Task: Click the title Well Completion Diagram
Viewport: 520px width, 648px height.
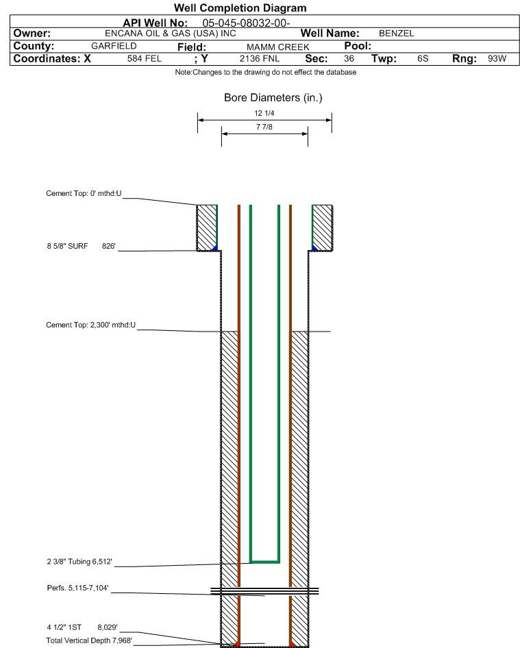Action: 240,8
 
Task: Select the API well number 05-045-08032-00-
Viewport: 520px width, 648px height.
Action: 246,23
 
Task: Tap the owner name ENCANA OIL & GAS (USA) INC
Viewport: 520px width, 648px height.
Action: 171,34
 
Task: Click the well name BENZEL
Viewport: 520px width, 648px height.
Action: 397,34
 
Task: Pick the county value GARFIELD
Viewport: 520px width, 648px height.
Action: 114,46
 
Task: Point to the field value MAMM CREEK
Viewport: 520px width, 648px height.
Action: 277,47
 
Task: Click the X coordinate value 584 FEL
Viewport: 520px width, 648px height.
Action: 145,59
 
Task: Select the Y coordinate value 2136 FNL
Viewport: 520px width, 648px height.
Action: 260,59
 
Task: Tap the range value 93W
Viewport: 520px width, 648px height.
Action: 497,59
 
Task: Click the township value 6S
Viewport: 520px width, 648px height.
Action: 423,59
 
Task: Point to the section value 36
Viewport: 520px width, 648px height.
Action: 349,59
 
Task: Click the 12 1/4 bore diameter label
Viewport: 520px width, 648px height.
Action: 264,113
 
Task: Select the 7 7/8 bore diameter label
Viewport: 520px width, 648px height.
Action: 264,127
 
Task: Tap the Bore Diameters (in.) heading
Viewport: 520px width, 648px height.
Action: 273,97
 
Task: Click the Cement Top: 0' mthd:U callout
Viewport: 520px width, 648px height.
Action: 84,193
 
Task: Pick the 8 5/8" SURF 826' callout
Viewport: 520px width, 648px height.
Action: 81,246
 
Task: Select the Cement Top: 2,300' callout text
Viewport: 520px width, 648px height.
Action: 91,325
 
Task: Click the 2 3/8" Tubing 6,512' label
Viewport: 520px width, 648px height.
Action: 79,562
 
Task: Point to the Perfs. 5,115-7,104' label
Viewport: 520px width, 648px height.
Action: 77,588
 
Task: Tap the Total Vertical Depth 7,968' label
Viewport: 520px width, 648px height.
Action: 89,640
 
